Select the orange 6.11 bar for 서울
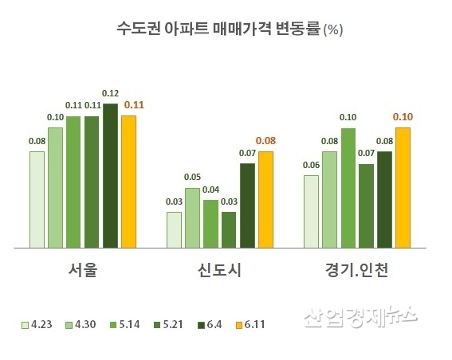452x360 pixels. [x=128, y=182]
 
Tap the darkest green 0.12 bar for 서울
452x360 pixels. [x=110, y=175]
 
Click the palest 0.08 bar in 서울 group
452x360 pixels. [x=37, y=199]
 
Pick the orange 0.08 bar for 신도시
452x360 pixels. [x=265, y=199]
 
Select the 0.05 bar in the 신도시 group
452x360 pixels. [x=192, y=217]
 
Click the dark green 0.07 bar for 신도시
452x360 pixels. [x=247, y=205]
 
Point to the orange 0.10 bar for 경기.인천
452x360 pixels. [x=403, y=187]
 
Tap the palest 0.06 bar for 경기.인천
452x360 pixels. [x=311, y=211]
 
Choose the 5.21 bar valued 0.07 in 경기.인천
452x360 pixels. [x=366, y=205]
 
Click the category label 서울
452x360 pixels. [x=83, y=272]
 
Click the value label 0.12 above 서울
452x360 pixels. [x=110, y=92]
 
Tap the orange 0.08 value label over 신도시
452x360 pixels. [x=265, y=140]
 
